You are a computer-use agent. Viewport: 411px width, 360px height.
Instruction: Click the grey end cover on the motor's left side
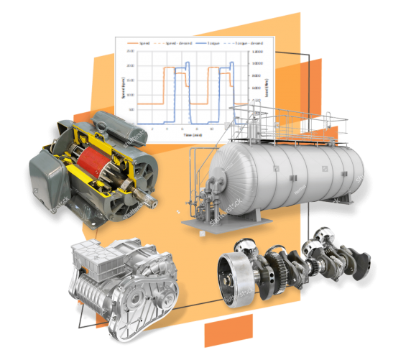tap(45, 177)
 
